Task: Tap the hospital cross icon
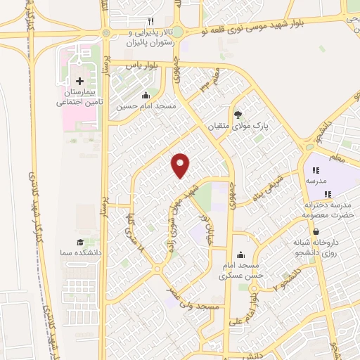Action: point(79,82)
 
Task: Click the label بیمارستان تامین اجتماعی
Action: point(79,98)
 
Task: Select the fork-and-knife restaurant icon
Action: point(150,22)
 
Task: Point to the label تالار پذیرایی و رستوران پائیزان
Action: point(150,37)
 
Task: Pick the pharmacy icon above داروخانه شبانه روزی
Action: point(316,231)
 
